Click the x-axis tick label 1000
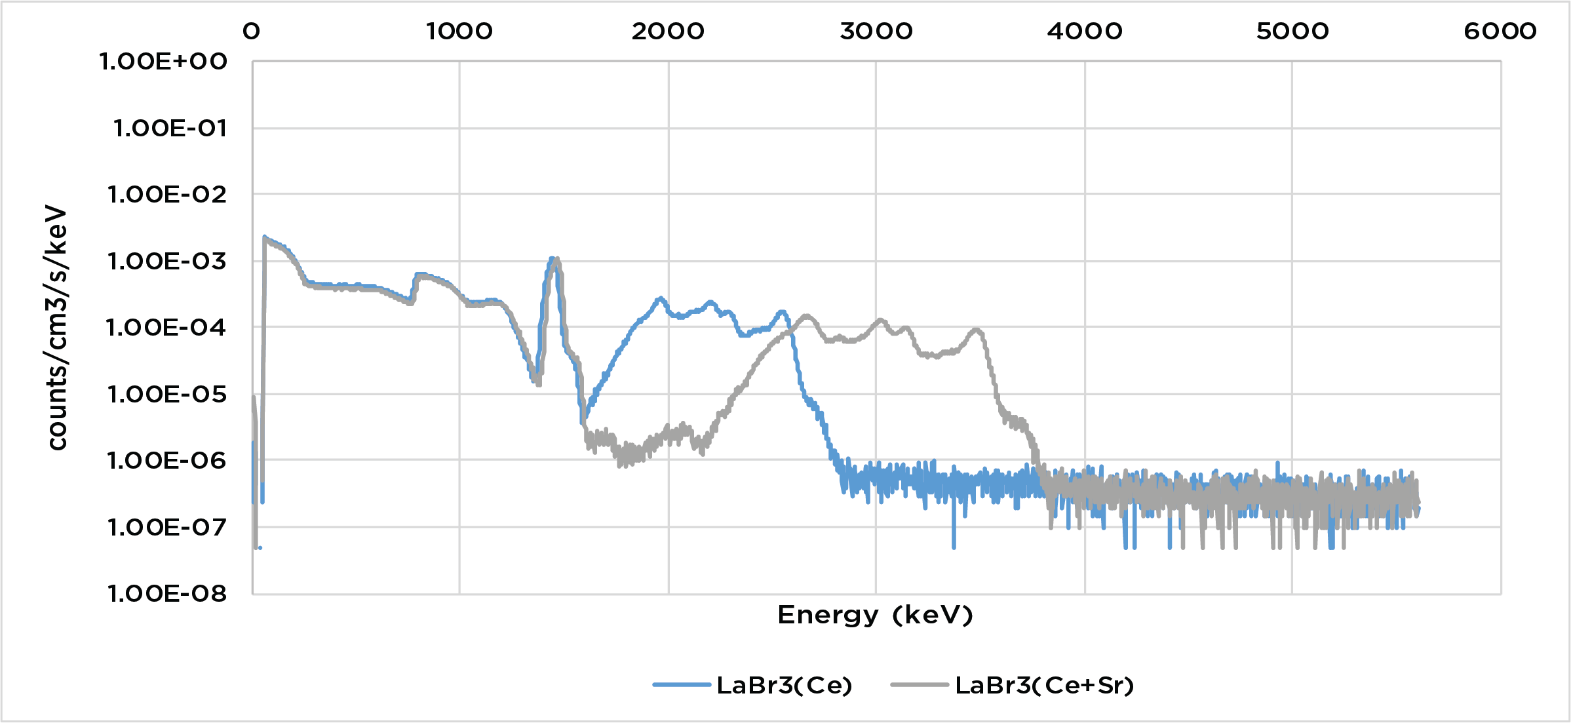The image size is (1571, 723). coord(459,31)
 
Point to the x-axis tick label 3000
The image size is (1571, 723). coord(876,31)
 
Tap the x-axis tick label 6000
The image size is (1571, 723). coord(1500,31)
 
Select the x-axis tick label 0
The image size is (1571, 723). coord(252,31)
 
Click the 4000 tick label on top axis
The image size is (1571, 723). coord(1084,31)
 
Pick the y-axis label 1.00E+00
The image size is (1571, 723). coord(163,62)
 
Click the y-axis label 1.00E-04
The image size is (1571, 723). coord(166,327)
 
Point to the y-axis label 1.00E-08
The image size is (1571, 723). coord(167,593)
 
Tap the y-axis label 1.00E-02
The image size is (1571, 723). coord(167,194)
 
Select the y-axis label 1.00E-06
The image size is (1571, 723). coord(167,460)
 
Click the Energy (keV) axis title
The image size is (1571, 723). coord(875,615)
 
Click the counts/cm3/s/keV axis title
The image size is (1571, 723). coord(57,328)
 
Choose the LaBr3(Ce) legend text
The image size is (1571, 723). coord(784,685)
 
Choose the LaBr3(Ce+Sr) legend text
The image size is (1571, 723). coord(1044,685)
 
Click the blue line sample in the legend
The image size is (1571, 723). coord(682,685)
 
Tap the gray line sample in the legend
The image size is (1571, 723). coord(919,685)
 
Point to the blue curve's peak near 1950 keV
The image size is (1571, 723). coord(660,298)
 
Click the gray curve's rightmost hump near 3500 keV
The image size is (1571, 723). coord(977,330)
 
